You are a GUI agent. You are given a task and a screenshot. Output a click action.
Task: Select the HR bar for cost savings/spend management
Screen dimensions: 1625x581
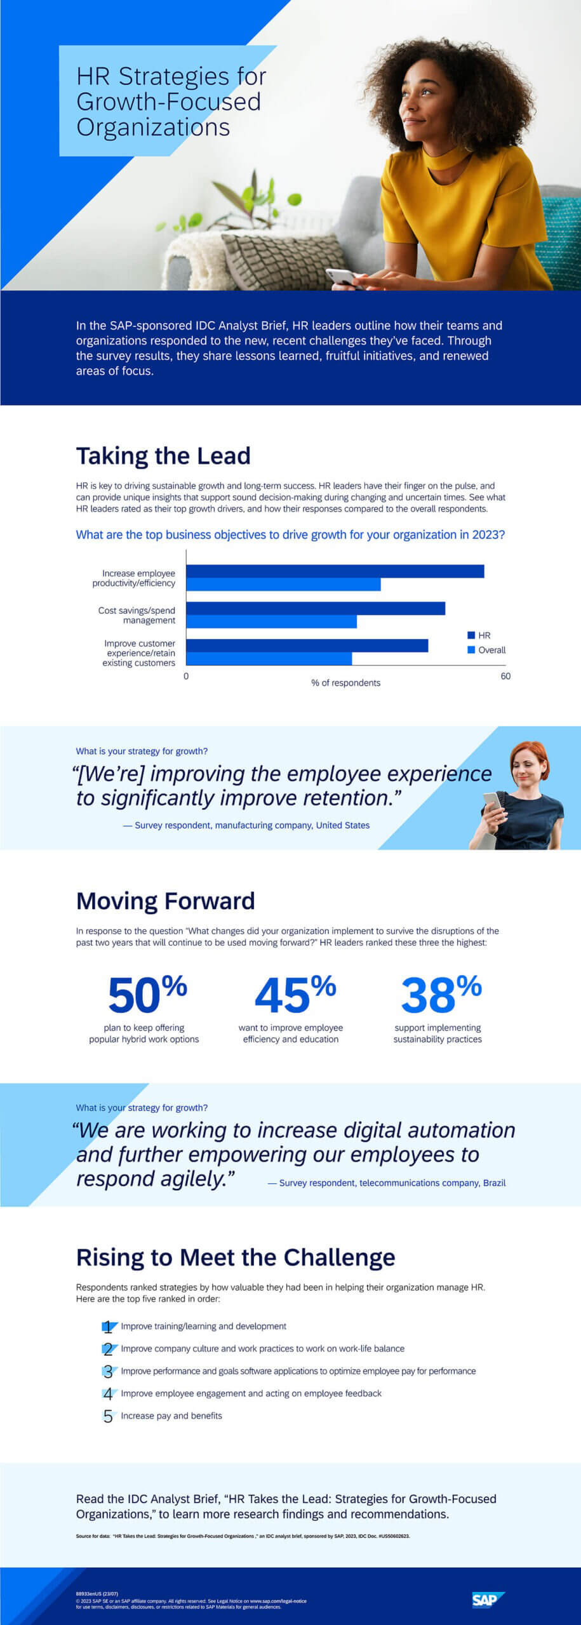pyautogui.click(x=316, y=609)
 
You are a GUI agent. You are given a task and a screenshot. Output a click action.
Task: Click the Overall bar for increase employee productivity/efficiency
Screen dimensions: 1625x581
pyautogui.click(x=283, y=585)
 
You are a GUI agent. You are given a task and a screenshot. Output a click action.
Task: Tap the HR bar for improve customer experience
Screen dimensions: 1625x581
pyautogui.click(x=307, y=646)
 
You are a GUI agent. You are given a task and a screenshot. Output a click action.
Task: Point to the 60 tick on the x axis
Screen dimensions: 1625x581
pyautogui.click(x=505, y=676)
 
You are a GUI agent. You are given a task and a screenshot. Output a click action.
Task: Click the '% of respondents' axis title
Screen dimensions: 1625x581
pyautogui.click(x=345, y=683)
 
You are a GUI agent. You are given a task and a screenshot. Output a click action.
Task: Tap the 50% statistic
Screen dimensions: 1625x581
pyautogui.click(x=147, y=994)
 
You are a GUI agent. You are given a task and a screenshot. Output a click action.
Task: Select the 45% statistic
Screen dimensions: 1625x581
pyautogui.click(x=295, y=994)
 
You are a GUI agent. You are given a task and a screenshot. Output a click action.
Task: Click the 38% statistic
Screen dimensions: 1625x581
pyautogui.click(x=441, y=994)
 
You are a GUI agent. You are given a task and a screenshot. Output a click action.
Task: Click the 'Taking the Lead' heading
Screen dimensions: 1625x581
pyautogui.click(x=163, y=456)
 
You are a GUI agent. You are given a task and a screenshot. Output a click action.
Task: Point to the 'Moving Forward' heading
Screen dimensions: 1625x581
pyautogui.click(x=165, y=901)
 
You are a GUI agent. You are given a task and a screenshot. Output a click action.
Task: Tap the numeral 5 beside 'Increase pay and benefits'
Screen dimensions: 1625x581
pyautogui.click(x=108, y=1416)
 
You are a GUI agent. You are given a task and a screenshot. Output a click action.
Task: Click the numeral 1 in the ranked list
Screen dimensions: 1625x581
pyautogui.click(x=108, y=1327)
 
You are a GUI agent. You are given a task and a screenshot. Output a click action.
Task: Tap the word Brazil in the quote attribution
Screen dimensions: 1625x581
pyautogui.click(x=494, y=1183)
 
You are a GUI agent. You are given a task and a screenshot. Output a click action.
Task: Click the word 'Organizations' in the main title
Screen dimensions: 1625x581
pyautogui.click(x=153, y=127)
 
